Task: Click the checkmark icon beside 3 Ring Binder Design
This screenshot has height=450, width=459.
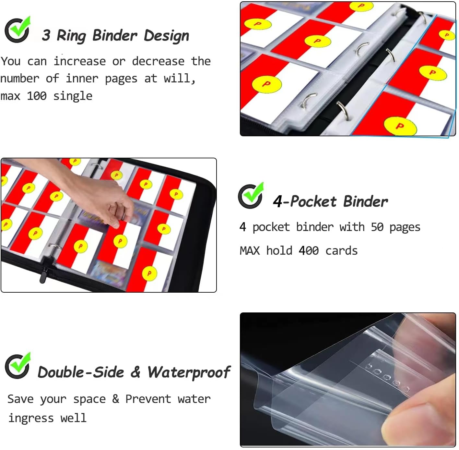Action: pos(18,30)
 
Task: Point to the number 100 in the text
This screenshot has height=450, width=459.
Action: pos(37,96)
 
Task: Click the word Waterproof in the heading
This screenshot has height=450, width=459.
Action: pos(189,372)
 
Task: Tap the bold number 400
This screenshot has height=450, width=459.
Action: pos(309,251)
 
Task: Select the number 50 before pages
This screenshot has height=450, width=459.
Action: pos(377,227)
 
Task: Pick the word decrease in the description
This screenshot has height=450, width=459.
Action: pos(158,61)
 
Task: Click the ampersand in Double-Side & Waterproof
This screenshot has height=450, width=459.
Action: pos(135,372)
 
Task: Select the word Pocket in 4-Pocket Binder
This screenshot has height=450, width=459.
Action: pos(313,201)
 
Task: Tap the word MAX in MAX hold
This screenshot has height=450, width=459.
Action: pos(250,251)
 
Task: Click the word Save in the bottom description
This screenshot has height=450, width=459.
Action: pos(20,399)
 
